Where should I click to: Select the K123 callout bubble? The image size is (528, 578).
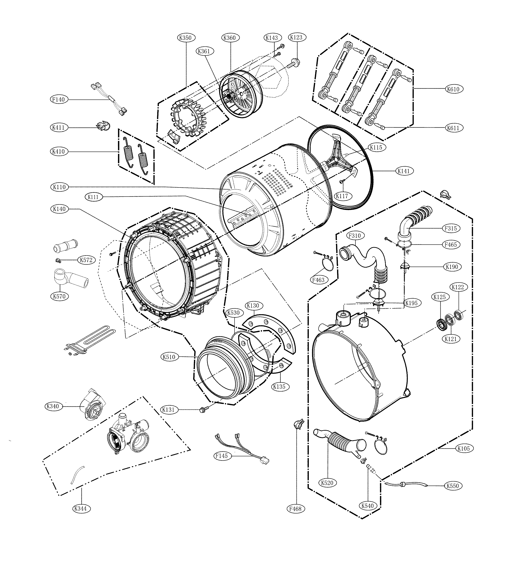pyautogui.click(x=296, y=37)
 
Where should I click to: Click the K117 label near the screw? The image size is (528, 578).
pyautogui.click(x=342, y=196)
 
